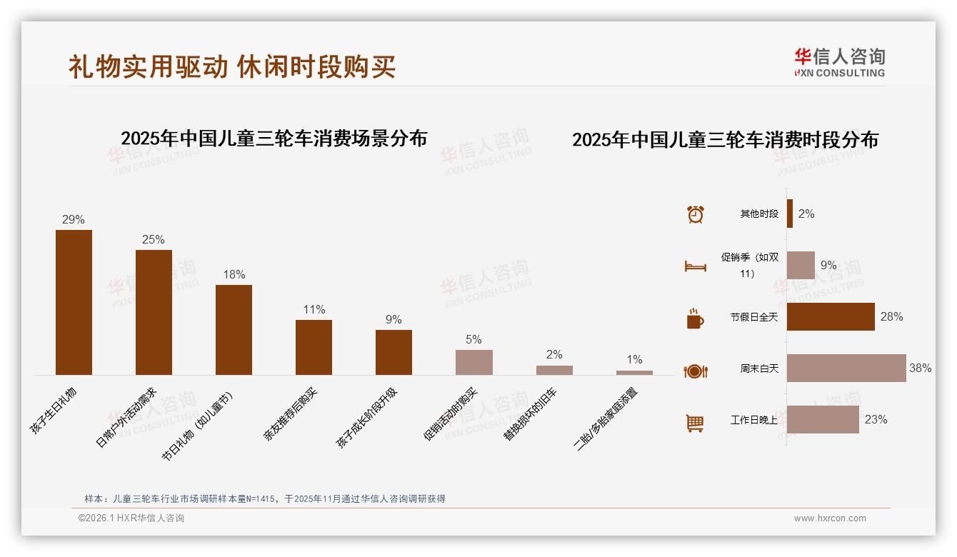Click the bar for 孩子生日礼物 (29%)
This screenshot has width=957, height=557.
(74, 302)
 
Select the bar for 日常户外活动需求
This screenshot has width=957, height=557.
(154, 312)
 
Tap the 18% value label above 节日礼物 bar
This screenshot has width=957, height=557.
(234, 274)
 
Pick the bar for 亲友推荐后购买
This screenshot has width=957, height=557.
(314, 347)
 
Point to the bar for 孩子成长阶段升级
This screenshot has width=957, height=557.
(394, 352)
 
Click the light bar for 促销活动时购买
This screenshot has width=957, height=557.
(474, 362)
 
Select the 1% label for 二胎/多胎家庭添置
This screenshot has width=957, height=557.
(634, 359)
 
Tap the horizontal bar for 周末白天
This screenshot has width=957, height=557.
(846, 368)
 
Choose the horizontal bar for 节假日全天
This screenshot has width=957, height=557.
(831, 317)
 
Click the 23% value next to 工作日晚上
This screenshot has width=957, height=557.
(876, 420)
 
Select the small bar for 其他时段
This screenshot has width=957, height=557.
(790, 214)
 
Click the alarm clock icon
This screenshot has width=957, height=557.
(695, 214)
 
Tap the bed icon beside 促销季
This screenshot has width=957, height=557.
(695, 266)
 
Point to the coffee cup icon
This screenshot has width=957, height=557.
(695, 318)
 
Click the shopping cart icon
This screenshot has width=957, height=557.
(695, 423)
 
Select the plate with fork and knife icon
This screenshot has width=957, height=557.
(695, 371)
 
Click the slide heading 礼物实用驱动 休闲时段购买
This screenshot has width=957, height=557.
(232, 66)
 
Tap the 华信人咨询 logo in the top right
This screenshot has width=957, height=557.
(839, 62)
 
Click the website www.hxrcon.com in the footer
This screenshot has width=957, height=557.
(830, 518)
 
